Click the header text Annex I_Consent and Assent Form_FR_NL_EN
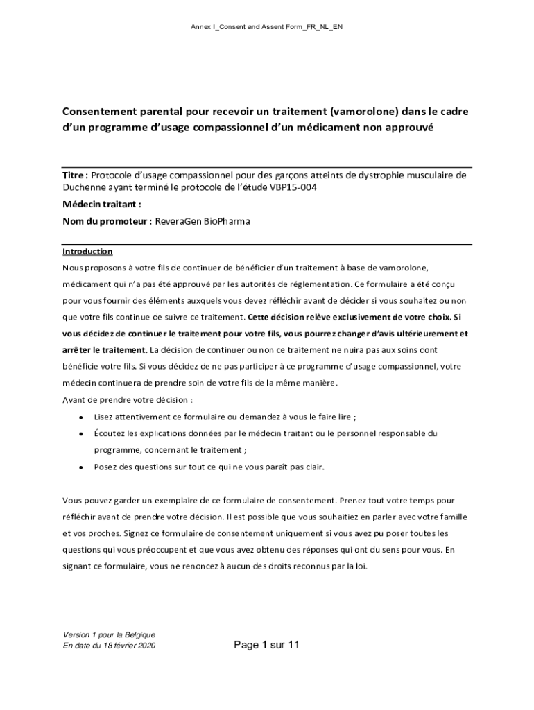(x=266, y=27)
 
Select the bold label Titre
(x=74, y=175)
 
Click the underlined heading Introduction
(x=87, y=251)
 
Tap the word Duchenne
(x=87, y=187)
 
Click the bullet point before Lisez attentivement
(x=82, y=417)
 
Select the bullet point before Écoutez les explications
(x=82, y=433)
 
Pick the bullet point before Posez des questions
(x=82, y=467)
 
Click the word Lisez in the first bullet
(x=105, y=417)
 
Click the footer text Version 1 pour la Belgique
(x=109, y=634)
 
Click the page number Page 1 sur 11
(x=266, y=645)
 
